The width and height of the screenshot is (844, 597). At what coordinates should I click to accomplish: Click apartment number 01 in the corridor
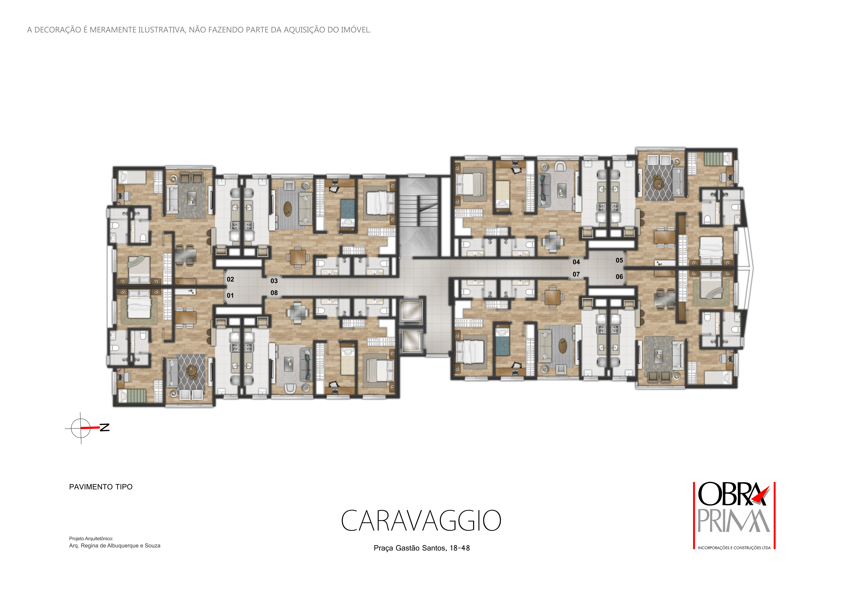(x=230, y=296)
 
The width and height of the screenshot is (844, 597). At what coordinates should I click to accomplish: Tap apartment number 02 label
(x=231, y=279)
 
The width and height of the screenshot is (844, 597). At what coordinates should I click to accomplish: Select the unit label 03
(x=274, y=281)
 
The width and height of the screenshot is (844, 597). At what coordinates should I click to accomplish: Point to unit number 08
(x=274, y=293)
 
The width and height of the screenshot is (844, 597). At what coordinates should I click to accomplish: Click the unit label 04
(x=576, y=262)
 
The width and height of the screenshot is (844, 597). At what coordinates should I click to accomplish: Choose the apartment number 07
(x=576, y=274)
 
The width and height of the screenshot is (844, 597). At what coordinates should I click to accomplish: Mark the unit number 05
(x=619, y=260)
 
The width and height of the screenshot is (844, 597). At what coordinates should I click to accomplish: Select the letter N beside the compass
(x=105, y=428)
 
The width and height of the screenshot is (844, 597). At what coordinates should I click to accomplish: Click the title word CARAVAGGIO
(x=421, y=521)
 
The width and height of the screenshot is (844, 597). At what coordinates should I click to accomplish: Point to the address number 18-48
(x=460, y=548)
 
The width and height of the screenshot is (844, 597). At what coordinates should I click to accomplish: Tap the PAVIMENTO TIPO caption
(x=101, y=487)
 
